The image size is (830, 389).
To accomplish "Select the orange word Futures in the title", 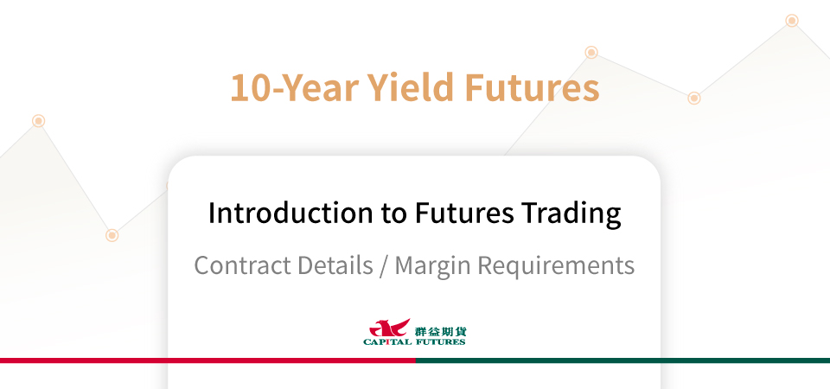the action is click(532, 87).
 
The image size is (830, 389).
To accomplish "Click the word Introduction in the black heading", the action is click(290, 213).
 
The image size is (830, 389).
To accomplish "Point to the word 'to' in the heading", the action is click(393, 214).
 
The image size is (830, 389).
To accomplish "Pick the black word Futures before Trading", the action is click(463, 214).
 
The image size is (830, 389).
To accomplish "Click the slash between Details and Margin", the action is click(383, 265).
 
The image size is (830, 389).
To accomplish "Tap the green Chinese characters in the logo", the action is click(440, 332).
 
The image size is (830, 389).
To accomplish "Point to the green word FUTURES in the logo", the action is click(440, 342).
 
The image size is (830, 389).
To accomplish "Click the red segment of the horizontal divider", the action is click(207, 360).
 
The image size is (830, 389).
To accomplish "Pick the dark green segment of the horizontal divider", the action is click(622, 360).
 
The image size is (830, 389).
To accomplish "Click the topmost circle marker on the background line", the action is click(792, 21).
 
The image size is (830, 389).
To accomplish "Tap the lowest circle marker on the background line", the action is click(112, 235).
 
